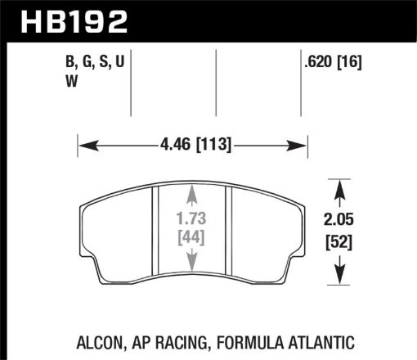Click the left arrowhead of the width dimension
[x=83, y=147]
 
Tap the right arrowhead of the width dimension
[x=303, y=147]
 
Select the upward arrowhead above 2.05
[x=339, y=182]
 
